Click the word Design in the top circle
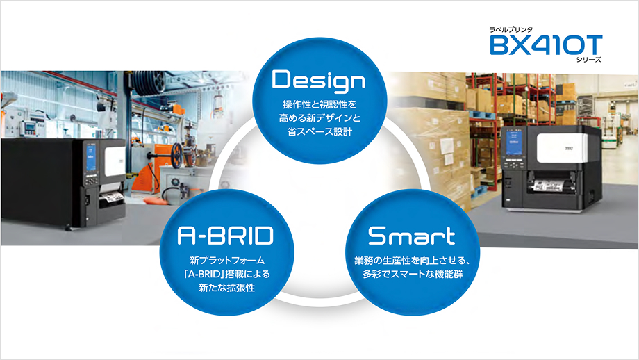coord(319,81)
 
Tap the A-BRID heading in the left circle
coord(224,236)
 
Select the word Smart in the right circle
coord(411,236)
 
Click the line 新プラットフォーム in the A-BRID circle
coord(224,260)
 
